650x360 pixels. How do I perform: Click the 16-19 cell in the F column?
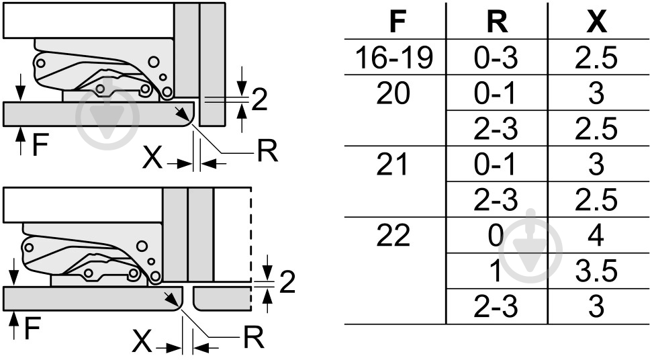tap(394, 57)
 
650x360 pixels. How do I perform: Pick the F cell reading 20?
tap(393, 93)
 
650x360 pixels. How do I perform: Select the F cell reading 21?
tap(392, 165)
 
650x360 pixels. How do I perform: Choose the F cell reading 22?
tap(393, 235)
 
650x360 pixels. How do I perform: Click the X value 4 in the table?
tap(596, 235)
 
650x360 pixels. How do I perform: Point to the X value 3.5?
tap(596, 271)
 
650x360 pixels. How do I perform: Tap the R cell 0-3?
tap(496, 57)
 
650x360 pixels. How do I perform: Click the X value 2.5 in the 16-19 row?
tap(596, 57)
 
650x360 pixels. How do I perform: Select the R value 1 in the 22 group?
tap(496, 271)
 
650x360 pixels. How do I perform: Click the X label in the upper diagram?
tap(152, 158)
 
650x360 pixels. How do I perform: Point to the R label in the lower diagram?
tap(254, 337)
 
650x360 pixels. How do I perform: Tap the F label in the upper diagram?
tap(40, 145)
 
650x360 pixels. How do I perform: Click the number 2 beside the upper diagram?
tap(259, 99)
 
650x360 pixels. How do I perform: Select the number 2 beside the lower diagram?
tap(287, 282)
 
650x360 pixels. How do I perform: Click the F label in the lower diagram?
tap(32, 328)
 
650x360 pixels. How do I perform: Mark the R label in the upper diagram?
tap(267, 150)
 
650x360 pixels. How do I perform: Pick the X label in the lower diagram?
tap(142, 341)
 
